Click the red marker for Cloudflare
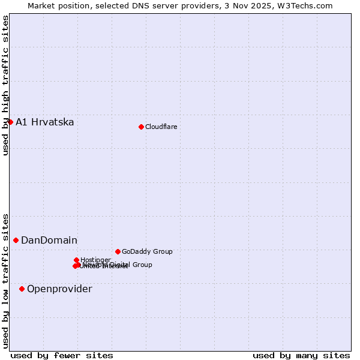click(x=141, y=127)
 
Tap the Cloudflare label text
click(x=161, y=127)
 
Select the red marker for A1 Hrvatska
click(x=10, y=122)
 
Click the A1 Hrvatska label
click(x=45, y=122)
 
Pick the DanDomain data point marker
click(x=16, y=240)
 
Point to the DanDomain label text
click(x=49, y=241)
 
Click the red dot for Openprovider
click(x=22, y=289)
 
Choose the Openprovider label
click(x=59, y=289)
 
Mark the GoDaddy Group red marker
click(x=118, y=251)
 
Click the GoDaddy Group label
click(x=147, y=252)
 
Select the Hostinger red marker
click(x=77, y=260)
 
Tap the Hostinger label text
click(x=95, y=260)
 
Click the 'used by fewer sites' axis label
click(x=62, y=355)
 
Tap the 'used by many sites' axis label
click(x=301, y=355)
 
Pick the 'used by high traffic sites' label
click(x=5, y=85)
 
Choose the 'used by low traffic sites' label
click(x=5, y=280)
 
